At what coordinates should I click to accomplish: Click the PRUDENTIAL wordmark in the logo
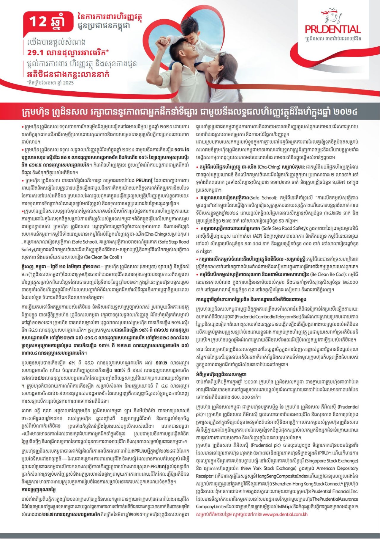coord(333,29)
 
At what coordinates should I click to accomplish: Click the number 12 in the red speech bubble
coord(38,22)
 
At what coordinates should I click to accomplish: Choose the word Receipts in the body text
coord(204,476)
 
